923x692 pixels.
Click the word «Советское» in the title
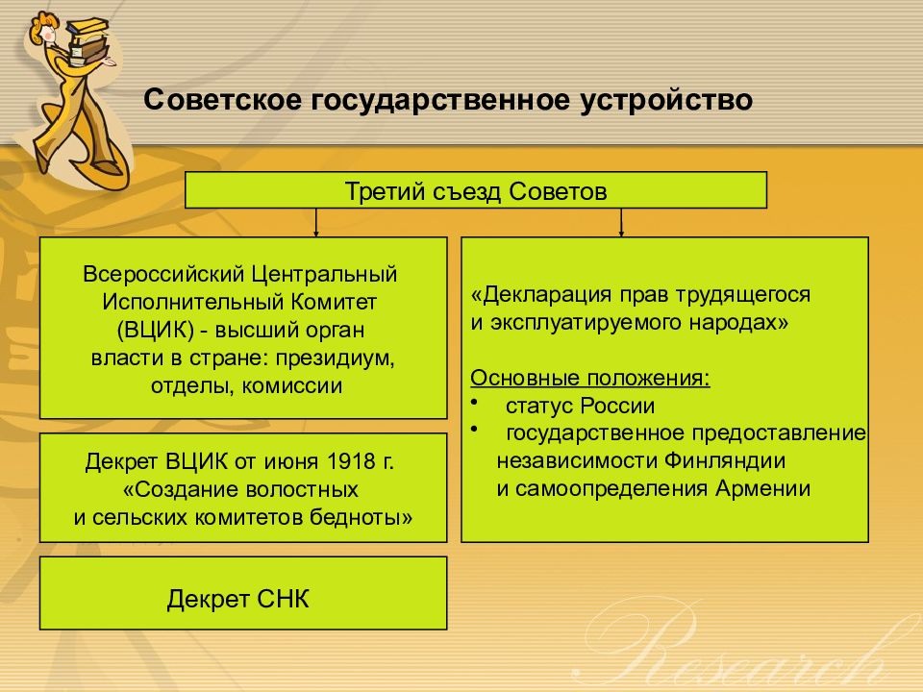point(223,99)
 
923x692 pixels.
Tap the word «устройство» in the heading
point(666,101)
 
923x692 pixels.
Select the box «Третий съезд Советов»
point(476,190)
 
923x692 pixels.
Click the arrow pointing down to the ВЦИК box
point(316,222)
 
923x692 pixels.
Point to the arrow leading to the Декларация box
point(621,222)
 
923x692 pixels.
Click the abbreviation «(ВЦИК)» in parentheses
point(156,330)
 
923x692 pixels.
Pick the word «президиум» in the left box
point(335,358)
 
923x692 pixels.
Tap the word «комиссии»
point(292,386)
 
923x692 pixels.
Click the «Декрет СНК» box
point(243,593)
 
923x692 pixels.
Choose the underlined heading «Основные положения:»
point(589,378)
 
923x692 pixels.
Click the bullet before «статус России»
point(474,401)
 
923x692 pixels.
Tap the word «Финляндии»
point(725,460)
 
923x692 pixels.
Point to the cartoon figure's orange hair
point(43,23)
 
